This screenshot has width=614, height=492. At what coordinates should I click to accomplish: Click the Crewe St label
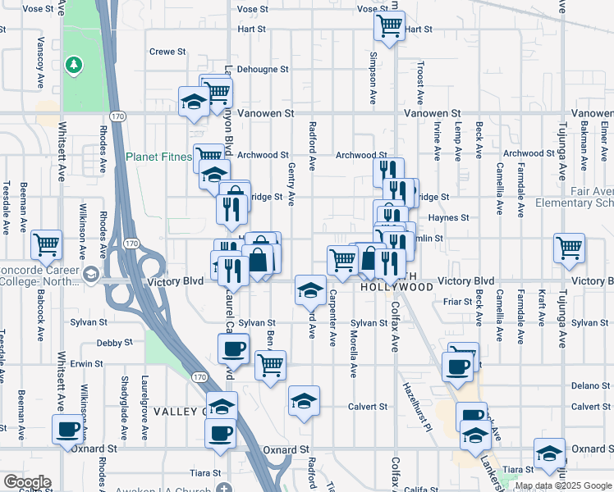click(167, 52)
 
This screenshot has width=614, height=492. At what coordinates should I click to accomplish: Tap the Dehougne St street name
click(263, 70)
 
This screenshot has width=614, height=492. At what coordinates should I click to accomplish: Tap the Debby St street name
click(113, 343)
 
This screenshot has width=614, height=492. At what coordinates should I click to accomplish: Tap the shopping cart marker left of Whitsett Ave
click(47, 244)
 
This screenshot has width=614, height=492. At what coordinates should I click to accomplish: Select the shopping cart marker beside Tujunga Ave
click(569, 246)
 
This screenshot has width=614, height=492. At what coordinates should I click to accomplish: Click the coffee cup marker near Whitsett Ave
click(68, 428)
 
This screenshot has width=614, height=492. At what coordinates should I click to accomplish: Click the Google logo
click(26, 482)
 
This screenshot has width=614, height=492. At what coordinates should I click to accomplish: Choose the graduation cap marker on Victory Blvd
click(309, 288)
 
